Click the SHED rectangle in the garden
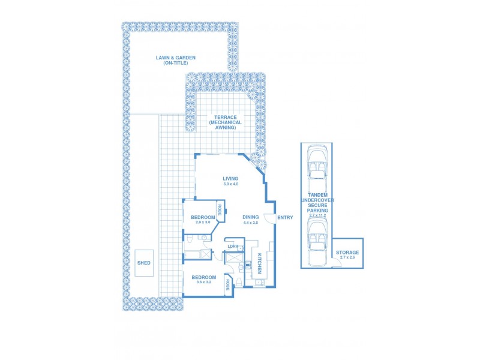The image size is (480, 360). (x=144, y=263)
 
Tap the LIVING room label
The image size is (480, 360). (x=230, y=178)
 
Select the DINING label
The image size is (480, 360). (x=250, y=217)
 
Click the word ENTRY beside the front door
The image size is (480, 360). (x=285, y=217)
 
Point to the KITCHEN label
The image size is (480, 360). (x=260, y=263)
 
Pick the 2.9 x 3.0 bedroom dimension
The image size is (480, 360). (x=203, y=223)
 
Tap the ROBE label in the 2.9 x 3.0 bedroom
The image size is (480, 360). (x=220, y=210)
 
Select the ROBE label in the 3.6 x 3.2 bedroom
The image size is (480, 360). (x=229, y=285)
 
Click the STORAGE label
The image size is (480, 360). (x=347, y=253)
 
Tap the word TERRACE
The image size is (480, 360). (x=226, y=117)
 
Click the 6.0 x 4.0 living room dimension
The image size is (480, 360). (x=230, y=184)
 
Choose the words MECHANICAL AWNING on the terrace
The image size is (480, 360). (x=226, y=125)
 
